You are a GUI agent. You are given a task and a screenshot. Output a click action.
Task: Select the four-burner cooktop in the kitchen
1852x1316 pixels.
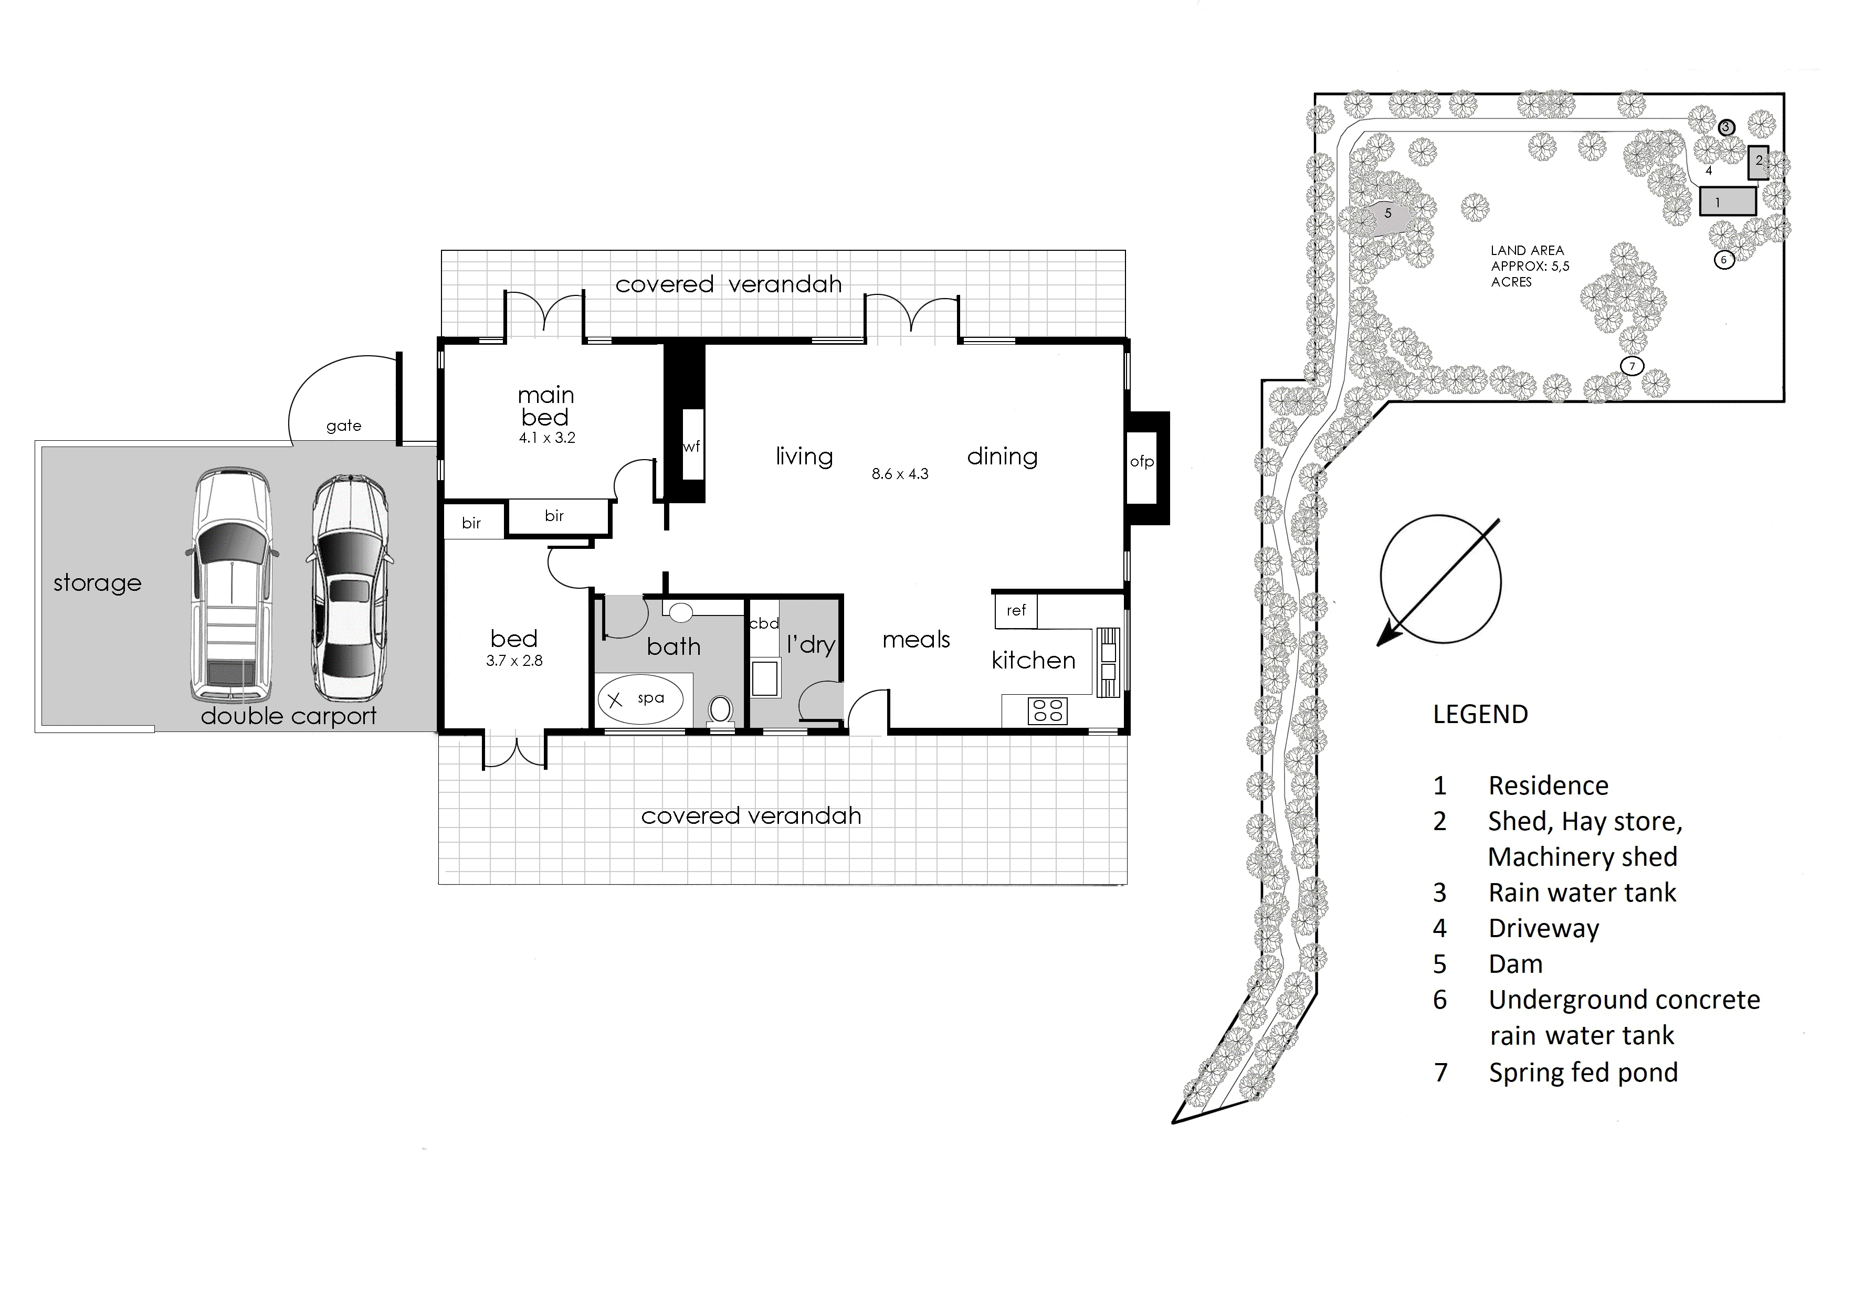click(1047, 710)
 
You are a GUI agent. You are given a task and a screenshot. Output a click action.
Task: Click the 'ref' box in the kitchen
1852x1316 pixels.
click(1016, 611)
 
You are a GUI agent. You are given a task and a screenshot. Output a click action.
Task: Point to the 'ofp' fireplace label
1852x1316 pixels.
click(1141, 462)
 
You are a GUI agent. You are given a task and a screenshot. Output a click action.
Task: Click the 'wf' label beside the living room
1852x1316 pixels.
click(691, 447)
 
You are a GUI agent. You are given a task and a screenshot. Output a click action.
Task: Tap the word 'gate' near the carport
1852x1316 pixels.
click(344, 426)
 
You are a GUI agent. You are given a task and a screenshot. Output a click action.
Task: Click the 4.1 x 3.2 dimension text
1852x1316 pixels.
click(547, 438)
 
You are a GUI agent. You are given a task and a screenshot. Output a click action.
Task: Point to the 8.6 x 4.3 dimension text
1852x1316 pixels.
click(900, 474)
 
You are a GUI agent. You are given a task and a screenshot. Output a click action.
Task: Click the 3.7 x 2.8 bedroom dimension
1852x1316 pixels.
click(514, 661)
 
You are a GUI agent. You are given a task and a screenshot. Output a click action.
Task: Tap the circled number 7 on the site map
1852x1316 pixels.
click(1632, 366)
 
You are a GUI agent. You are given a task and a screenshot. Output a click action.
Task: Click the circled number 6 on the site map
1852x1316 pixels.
click(1724, 260)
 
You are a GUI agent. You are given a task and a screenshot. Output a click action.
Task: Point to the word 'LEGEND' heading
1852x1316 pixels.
click(1480, 714)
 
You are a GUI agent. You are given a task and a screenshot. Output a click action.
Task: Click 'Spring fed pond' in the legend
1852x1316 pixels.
click(1583, 1073)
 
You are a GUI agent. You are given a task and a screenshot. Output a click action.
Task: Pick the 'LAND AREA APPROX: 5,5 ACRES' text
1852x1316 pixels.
click(1529, 266)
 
